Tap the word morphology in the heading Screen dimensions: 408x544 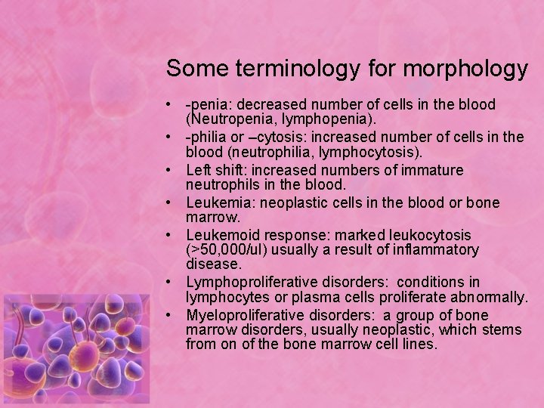465,69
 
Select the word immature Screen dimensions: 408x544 434,170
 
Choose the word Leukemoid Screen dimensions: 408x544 221,236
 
